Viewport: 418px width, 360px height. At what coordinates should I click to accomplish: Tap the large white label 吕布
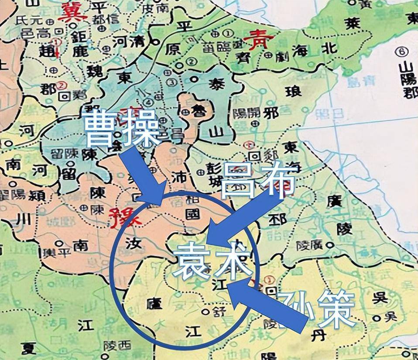(x=258, y=179)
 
